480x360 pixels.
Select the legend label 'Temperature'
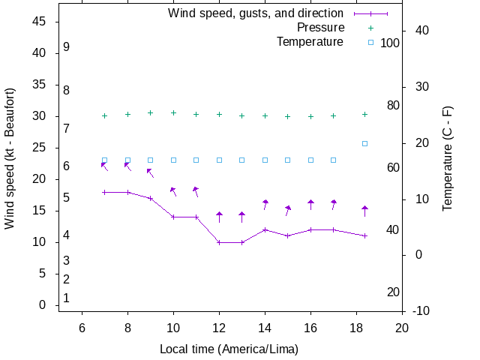click(310, 41)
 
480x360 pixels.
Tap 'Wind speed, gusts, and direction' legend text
click(256, 13)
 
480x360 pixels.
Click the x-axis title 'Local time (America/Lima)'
click(229, 349)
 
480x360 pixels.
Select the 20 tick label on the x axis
click(402, 328)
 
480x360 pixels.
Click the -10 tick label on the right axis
click(421, 310)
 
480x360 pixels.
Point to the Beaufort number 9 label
click(67, 47)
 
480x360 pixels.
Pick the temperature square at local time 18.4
click(365, 143)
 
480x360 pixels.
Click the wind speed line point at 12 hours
click(219, 242)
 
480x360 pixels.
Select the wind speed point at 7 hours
click(104, 192)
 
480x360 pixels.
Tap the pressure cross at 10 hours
click(173, 112)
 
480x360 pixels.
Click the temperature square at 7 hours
click(104, 160)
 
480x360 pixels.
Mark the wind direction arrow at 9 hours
click(150, 173)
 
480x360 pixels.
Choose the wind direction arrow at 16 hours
click(310, 204)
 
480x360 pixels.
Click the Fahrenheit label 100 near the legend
click(390, 43)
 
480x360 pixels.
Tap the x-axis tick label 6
click(82, 328)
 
